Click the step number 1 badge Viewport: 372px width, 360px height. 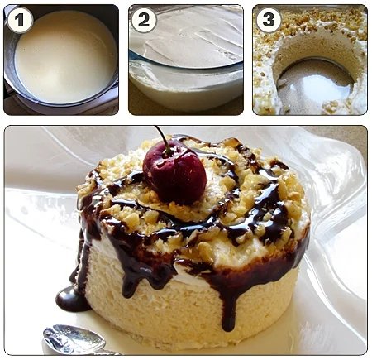20,20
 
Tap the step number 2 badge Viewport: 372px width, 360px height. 144,20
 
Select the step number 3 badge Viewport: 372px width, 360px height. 269,20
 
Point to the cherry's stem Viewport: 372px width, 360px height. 163,139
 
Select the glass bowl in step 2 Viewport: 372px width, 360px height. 186,60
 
